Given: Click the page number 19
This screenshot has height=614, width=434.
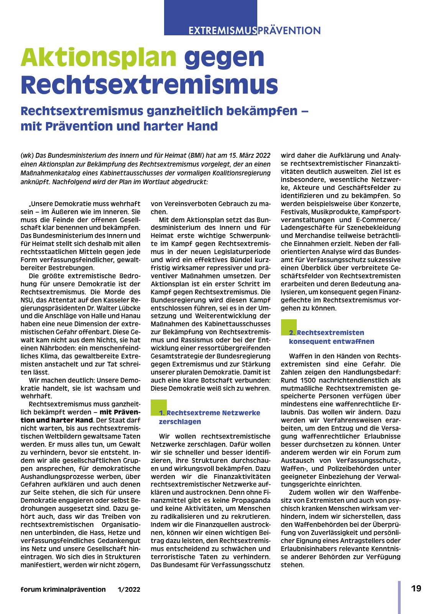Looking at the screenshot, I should [416, 589].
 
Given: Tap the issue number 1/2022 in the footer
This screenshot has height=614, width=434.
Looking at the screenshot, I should [129, 590].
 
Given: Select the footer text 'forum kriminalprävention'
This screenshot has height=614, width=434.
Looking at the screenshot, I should [63, 589].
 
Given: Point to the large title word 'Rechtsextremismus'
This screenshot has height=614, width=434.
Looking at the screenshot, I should [149, 85].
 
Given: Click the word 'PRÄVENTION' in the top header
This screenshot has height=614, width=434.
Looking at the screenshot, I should [289, 31].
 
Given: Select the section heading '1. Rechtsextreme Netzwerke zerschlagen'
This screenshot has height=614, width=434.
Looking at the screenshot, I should [209, 417].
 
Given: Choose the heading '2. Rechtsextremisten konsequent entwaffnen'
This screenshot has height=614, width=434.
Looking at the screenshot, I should [331, 337].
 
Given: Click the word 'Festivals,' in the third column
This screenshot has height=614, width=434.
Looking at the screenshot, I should [294, 212].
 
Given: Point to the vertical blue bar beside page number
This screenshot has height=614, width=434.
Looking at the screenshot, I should [399, 597].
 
